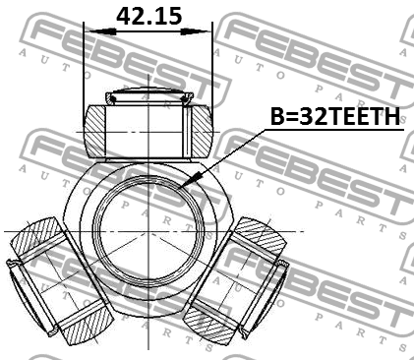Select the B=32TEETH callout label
coord(335,117)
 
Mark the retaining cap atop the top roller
coord(148,95)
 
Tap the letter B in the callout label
coord(276,117)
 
